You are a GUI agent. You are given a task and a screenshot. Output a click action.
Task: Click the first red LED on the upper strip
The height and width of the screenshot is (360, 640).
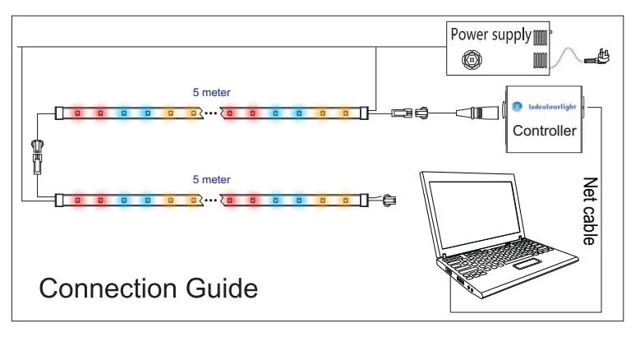click(x=79, y=112)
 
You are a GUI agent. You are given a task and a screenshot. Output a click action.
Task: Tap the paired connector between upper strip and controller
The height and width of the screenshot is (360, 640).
click(x=410, y=112)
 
